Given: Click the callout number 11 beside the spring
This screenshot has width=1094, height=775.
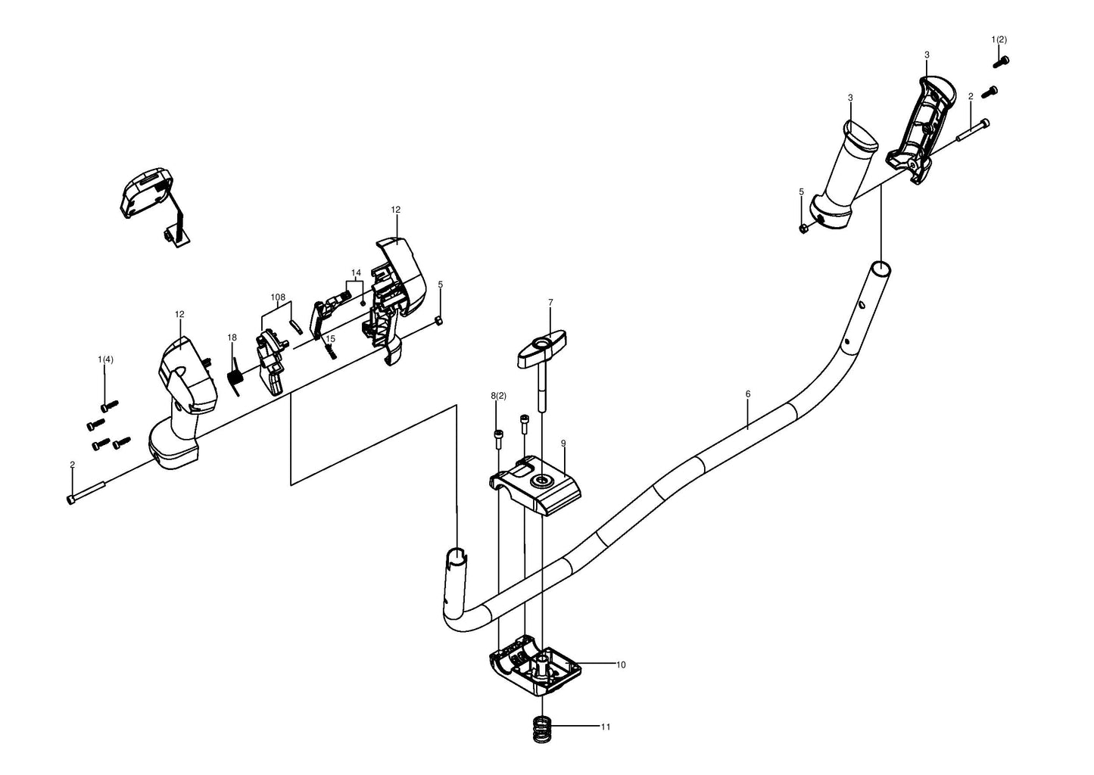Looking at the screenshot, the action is click(x=606, y=727).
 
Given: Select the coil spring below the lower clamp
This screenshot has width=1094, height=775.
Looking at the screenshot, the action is click(x=540, y=730).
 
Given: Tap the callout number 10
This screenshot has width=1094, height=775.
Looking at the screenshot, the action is click(x=621, y=665).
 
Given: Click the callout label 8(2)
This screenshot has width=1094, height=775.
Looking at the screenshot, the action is click(x=499, y=396).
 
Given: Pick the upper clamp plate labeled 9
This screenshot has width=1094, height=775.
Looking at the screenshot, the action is click(x=535, y=485).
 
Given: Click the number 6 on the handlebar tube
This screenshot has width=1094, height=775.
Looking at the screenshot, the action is click(x=748, y=394).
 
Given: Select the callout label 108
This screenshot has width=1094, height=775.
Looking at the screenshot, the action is click(x=278, y=297).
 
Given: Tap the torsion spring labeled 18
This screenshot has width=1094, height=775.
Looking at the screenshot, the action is click(x=235, y=376).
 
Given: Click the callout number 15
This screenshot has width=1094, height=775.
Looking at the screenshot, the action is click(x=331, y=339).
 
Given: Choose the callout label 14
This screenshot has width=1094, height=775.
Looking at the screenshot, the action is click(x=356, y=272).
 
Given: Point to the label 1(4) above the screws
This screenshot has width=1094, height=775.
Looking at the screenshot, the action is click(x=105, y=359).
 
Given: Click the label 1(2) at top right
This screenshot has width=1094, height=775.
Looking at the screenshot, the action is click(x=999, y=39).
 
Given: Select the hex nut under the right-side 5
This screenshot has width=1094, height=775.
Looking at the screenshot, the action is click(x=803, y=228).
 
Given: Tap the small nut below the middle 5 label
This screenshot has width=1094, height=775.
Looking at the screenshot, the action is click(x=439, y=320).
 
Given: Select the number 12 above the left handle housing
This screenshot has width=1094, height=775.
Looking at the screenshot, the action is click(x=179, y=314).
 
